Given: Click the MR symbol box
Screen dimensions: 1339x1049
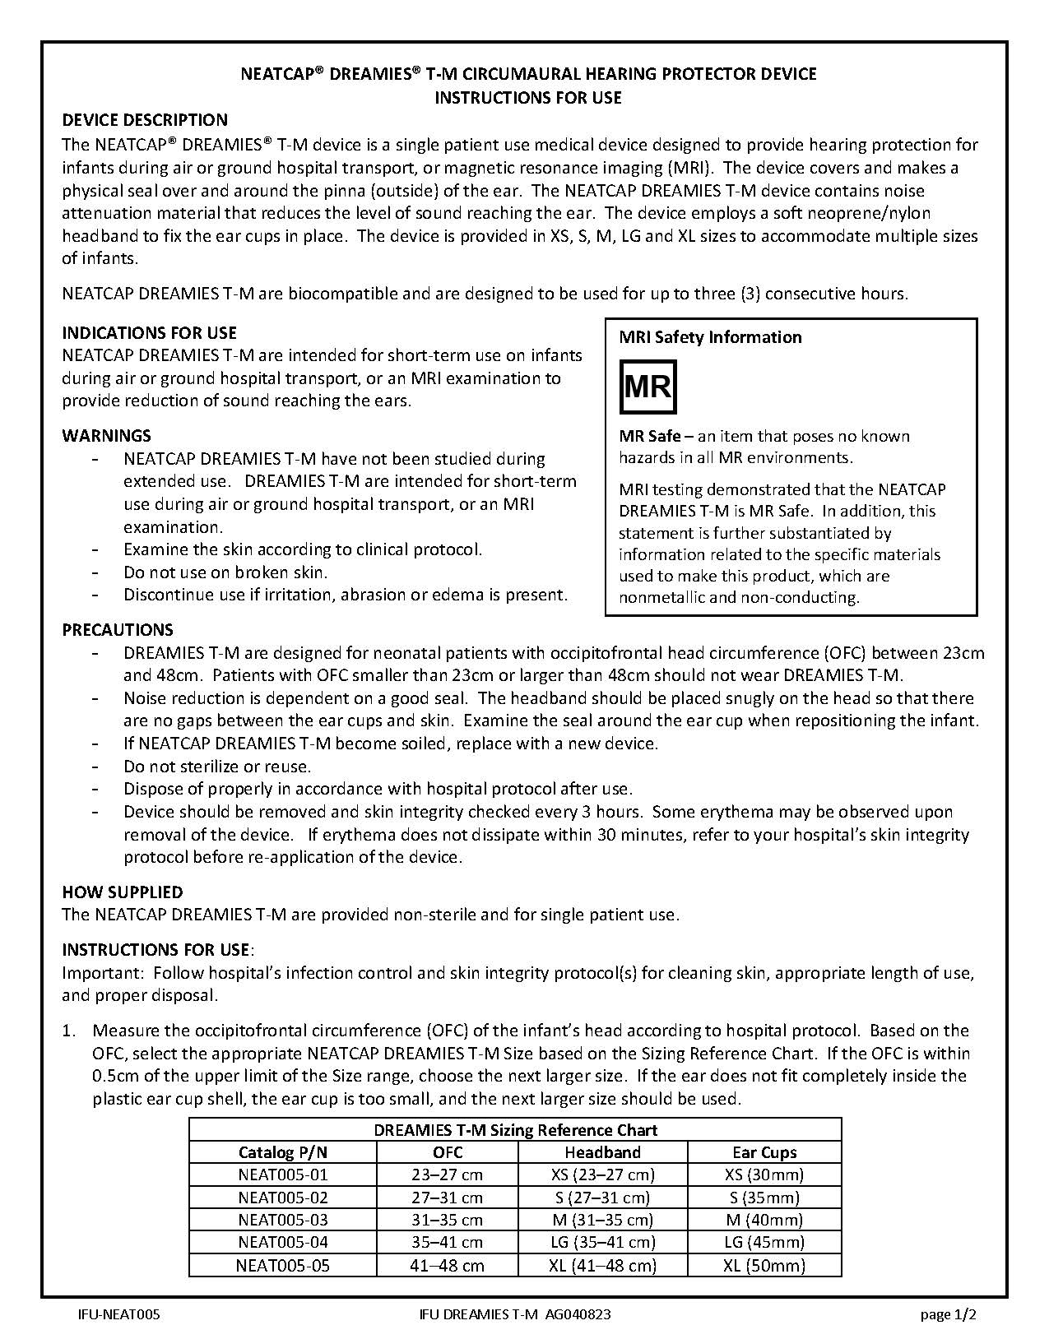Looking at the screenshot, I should [648, 387].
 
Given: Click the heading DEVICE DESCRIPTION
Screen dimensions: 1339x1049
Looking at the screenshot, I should [145, 120].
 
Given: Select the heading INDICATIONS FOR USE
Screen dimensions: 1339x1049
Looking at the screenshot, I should [149, 333].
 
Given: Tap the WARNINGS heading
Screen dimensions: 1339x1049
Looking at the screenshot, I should [106, 436].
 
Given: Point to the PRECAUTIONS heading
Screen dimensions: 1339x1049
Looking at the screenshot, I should [118, 630].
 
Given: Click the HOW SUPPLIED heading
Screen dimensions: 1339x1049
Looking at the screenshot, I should [123, 892].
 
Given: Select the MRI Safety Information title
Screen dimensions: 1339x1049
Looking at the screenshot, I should [710, 337].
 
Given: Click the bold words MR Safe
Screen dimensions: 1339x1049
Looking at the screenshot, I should [650, 436].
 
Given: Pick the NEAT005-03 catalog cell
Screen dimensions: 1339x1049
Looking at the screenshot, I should [282, 1220].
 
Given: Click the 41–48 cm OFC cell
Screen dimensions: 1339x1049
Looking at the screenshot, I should [447, 1265].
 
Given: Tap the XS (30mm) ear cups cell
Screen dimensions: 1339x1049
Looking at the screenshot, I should [764, 1175].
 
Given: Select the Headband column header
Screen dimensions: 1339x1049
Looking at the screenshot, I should [602, 1152].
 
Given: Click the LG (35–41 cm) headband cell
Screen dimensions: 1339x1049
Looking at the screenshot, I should [602, 1242].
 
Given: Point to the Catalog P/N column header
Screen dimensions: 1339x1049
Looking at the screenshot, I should [282, 1152].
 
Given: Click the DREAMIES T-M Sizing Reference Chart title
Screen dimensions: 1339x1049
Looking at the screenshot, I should [515, 1130].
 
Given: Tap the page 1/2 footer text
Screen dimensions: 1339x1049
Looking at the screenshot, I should [948, 1314].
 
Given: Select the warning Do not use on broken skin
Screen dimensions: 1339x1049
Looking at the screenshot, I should [225, 572].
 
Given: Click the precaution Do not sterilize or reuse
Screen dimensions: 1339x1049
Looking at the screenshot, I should [217, 767].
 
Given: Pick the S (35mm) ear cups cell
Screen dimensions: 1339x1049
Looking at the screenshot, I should [764, 1198].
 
